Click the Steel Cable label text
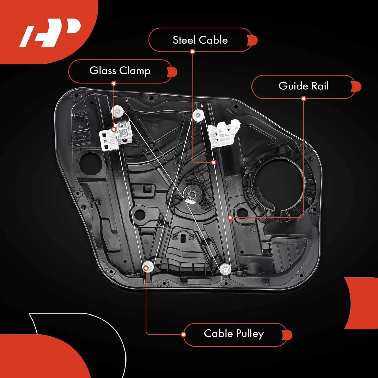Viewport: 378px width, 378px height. click(200, 40)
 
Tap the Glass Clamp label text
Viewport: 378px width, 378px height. click(120, 71)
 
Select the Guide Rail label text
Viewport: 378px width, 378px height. click(303, 86)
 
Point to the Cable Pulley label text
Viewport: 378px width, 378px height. click(234, 333)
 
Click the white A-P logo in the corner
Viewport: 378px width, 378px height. click(50, 32)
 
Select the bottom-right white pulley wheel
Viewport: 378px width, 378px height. click(225, 269)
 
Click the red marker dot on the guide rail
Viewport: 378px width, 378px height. click(230, 218)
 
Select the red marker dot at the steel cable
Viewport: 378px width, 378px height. click(214, 162)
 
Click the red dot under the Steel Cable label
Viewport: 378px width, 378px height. click(192, 52)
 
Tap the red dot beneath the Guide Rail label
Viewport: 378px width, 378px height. click(304, 99)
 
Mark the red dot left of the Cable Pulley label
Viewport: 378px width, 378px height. click(184, 334)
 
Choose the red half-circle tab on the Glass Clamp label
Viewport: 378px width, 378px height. click(173, 72)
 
